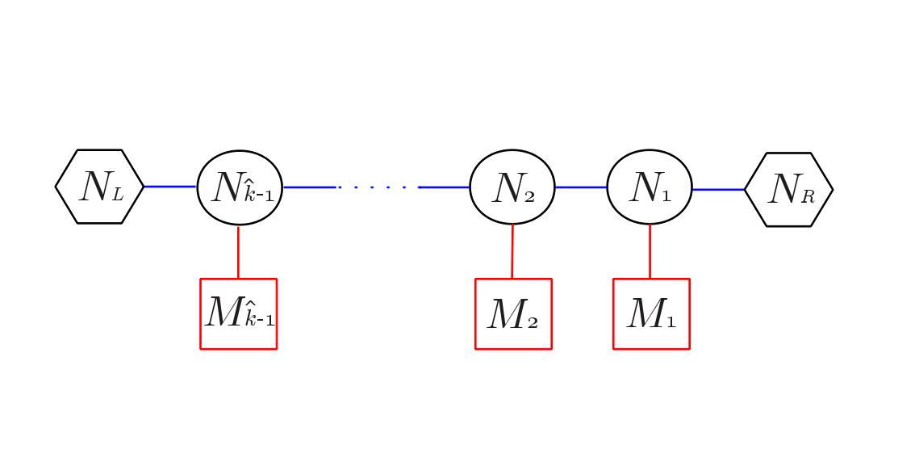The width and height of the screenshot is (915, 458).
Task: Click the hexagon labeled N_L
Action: click(x=99, y=187)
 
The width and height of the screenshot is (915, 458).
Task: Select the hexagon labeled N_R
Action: click(x=788, y=190)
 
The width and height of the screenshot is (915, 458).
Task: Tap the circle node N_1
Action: click(x=650, y=187)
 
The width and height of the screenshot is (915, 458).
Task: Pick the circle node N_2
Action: click(x=512, y=187)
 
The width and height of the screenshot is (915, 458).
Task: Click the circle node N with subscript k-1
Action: click(x=240, y=187)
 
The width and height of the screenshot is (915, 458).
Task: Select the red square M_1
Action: click(x=651, y=313)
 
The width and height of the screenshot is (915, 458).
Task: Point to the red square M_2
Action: click(x=513, y=313)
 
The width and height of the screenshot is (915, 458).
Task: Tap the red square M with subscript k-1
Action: click(x=239, y=313)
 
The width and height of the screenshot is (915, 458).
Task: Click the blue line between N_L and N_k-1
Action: click(x=170, y=187)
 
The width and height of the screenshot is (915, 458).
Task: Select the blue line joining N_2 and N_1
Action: click(x=581, y=187)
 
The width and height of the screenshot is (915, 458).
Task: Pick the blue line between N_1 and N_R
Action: click(x=718, y=190)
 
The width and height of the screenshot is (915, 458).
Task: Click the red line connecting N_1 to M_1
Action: click(x=650, y=251)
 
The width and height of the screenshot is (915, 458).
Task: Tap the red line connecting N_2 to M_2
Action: click(x=512, y=251)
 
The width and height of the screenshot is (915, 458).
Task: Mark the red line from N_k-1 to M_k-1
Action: click(x=238, y=252)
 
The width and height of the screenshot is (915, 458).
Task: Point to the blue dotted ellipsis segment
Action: click(x=378, y=187)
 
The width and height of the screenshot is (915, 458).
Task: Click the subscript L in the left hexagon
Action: click(x=117, y=195)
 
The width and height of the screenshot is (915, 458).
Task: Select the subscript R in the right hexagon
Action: click(x=807, y=197)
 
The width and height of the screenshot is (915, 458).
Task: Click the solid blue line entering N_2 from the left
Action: click(x=445, y=187)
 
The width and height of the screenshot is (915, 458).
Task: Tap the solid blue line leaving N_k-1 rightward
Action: click(x=309, y=187)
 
